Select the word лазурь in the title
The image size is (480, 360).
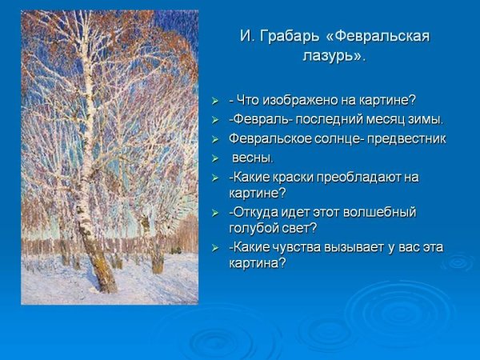[x=328, y=57]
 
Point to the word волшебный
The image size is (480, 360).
[x=382, y=212]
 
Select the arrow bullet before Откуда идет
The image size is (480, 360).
[x=214, y=213]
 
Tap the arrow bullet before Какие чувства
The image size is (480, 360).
[x=214, y=247]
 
